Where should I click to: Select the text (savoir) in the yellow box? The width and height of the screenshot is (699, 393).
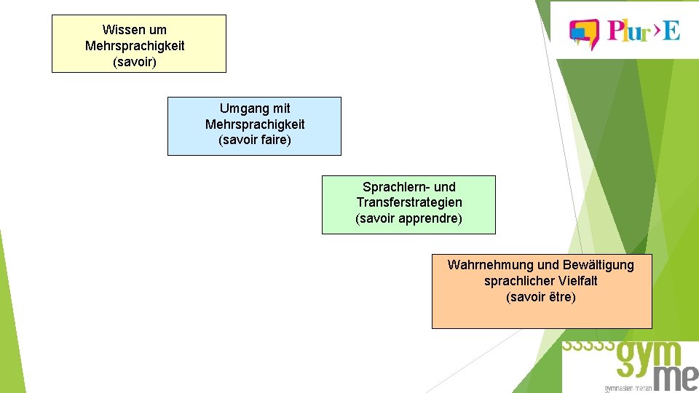click(135, 62)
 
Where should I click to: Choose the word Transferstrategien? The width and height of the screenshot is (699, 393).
click(408, 202)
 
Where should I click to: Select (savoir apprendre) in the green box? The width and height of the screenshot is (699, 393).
click(408, 218)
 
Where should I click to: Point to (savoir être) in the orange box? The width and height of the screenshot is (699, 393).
click(540, 297)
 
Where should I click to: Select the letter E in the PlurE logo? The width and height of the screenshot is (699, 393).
click(671, 31)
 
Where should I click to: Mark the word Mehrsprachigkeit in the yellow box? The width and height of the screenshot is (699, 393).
click(135, 46)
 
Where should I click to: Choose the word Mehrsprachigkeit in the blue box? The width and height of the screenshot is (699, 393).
click(254, 124)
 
